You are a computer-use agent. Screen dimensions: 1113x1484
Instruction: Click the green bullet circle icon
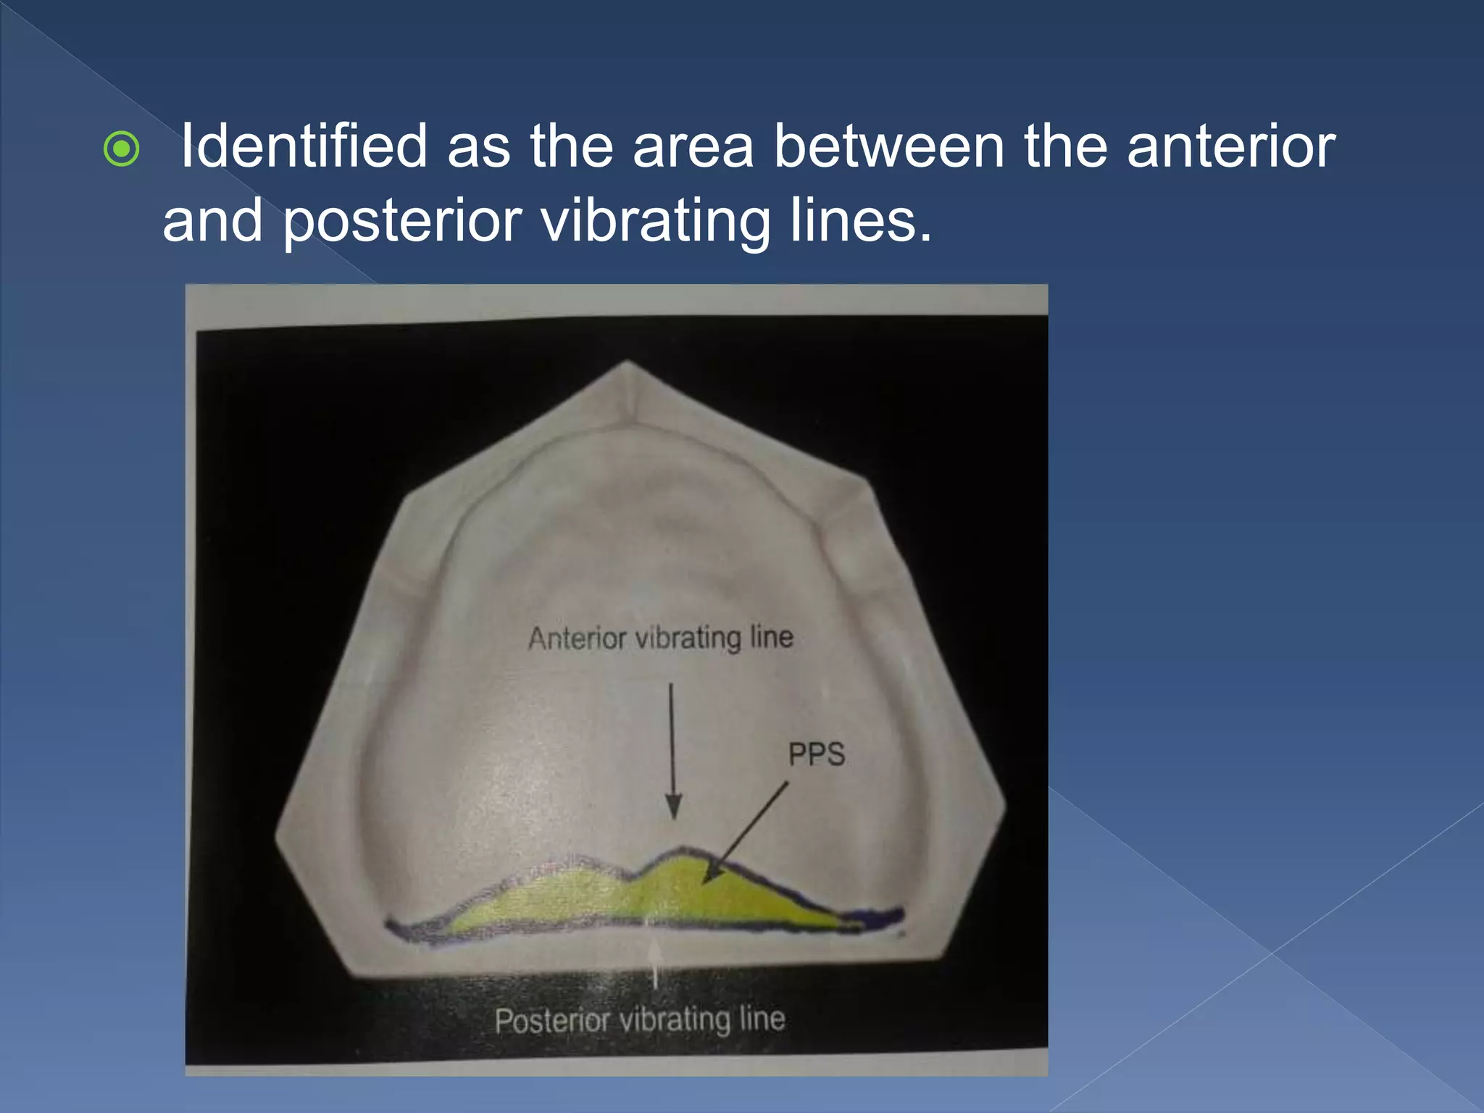(x=121, y=150)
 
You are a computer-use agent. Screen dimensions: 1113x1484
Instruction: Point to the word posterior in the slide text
(x=402, y=221)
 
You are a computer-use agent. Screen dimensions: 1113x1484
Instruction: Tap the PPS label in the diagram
(x=816, y=755)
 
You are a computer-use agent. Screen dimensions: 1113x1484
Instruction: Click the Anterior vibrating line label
(x=660, y=638)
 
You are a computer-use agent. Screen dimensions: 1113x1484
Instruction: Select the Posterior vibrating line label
(x=640, y=1020)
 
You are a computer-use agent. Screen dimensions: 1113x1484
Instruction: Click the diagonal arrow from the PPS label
(x=745, y=833)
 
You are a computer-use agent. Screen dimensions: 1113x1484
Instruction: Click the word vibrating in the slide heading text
(x=656, y=221)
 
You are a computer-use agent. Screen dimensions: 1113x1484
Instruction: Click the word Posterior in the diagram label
(x=552, y=1021)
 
